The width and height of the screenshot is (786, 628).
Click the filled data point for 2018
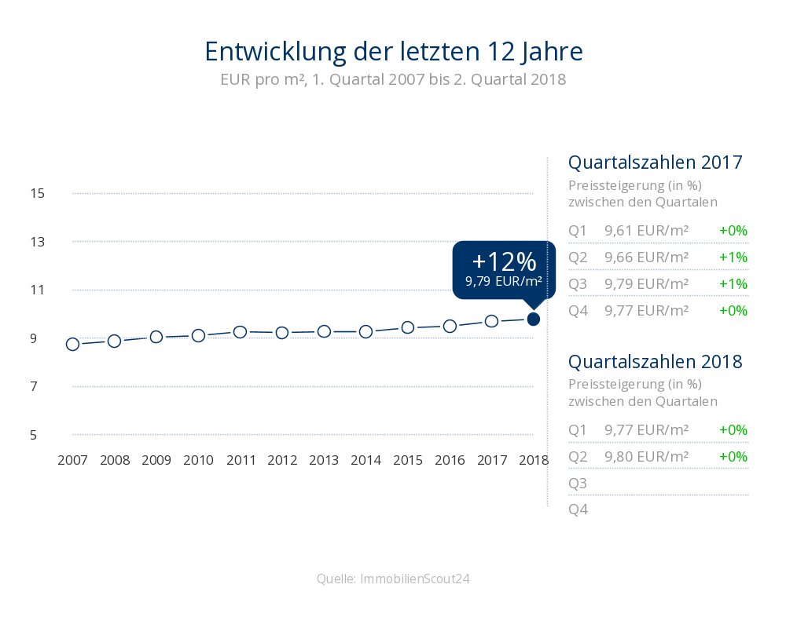[533, 319]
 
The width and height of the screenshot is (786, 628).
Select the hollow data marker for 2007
[72, 344]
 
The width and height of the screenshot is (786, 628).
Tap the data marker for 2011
[241, 332]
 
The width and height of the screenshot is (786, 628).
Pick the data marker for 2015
[408, 327]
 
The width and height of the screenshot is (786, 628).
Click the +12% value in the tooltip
[504, 261]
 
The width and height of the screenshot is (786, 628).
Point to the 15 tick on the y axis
[38, 193]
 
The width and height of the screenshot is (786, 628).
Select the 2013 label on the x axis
[324, 460]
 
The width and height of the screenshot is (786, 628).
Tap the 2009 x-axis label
[156, 460]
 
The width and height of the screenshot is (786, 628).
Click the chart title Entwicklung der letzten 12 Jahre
[393, 52]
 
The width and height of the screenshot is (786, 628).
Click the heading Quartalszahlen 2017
[656, 163]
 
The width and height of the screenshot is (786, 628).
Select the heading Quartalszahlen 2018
[656, 363]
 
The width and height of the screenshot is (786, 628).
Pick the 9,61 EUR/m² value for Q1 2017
[646, 231]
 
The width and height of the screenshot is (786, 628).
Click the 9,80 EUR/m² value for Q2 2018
[646, 457]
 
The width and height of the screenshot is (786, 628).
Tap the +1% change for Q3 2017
[733, 283]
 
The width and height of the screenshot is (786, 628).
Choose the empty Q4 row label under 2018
[578, 509]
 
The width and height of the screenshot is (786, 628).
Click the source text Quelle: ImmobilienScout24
[393, 579]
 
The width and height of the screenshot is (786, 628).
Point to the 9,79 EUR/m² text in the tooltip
[504, 281]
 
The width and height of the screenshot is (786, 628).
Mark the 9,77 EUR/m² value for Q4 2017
[646, 311]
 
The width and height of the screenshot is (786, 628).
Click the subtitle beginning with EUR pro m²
[393, 80]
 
